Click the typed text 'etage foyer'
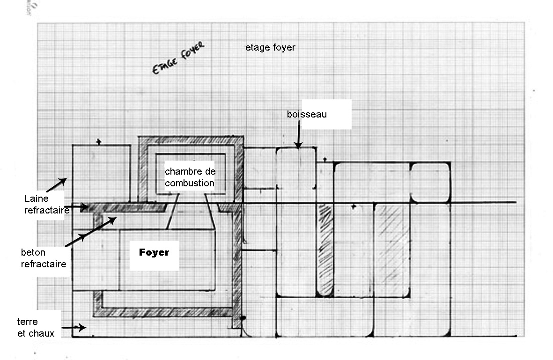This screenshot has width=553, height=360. click(x=270, y=47)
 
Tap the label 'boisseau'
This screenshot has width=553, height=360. click(x=307, y=114)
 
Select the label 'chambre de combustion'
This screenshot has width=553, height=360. click(x=190, y=177)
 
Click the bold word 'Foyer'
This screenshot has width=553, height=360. click(x=154, y=253)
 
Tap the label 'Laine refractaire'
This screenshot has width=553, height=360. click(x=46, y=205)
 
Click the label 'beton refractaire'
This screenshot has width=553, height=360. click(x=44, y=258)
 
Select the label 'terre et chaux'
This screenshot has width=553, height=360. click(x=36, y=328)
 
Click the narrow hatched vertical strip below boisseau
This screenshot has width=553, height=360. click(x=325, y=250)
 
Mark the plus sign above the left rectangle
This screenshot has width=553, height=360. click(x=98, y=141)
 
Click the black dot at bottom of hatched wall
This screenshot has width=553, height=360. click(x=243, y=319)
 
